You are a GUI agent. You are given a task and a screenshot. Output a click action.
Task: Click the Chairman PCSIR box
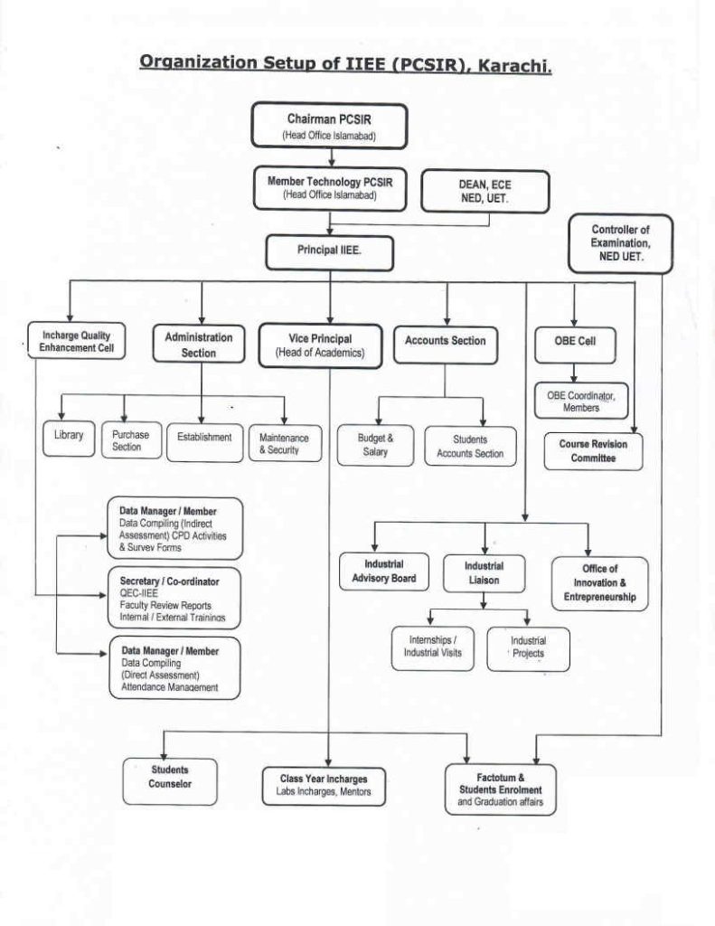(329, 126)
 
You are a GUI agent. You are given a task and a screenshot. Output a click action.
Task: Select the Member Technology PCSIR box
(330, 187)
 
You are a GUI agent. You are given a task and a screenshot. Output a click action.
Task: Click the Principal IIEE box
(329, 251)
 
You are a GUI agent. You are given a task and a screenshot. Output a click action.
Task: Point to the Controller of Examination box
(620, 244)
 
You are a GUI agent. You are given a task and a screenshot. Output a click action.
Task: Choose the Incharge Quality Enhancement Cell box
(76, 342)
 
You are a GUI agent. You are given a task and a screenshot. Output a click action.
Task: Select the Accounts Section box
(445, 341)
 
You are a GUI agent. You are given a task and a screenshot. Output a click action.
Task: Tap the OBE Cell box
(573, 343)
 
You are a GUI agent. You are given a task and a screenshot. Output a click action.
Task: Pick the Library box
(69, 436)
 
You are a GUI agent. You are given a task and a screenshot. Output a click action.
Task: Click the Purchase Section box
(127, 440)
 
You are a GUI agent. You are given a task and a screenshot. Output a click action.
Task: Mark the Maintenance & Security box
(284, 443)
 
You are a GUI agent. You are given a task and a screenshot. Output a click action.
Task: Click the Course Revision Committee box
(593, 450)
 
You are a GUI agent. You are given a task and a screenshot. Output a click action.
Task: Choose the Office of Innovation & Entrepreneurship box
(599, 583)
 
